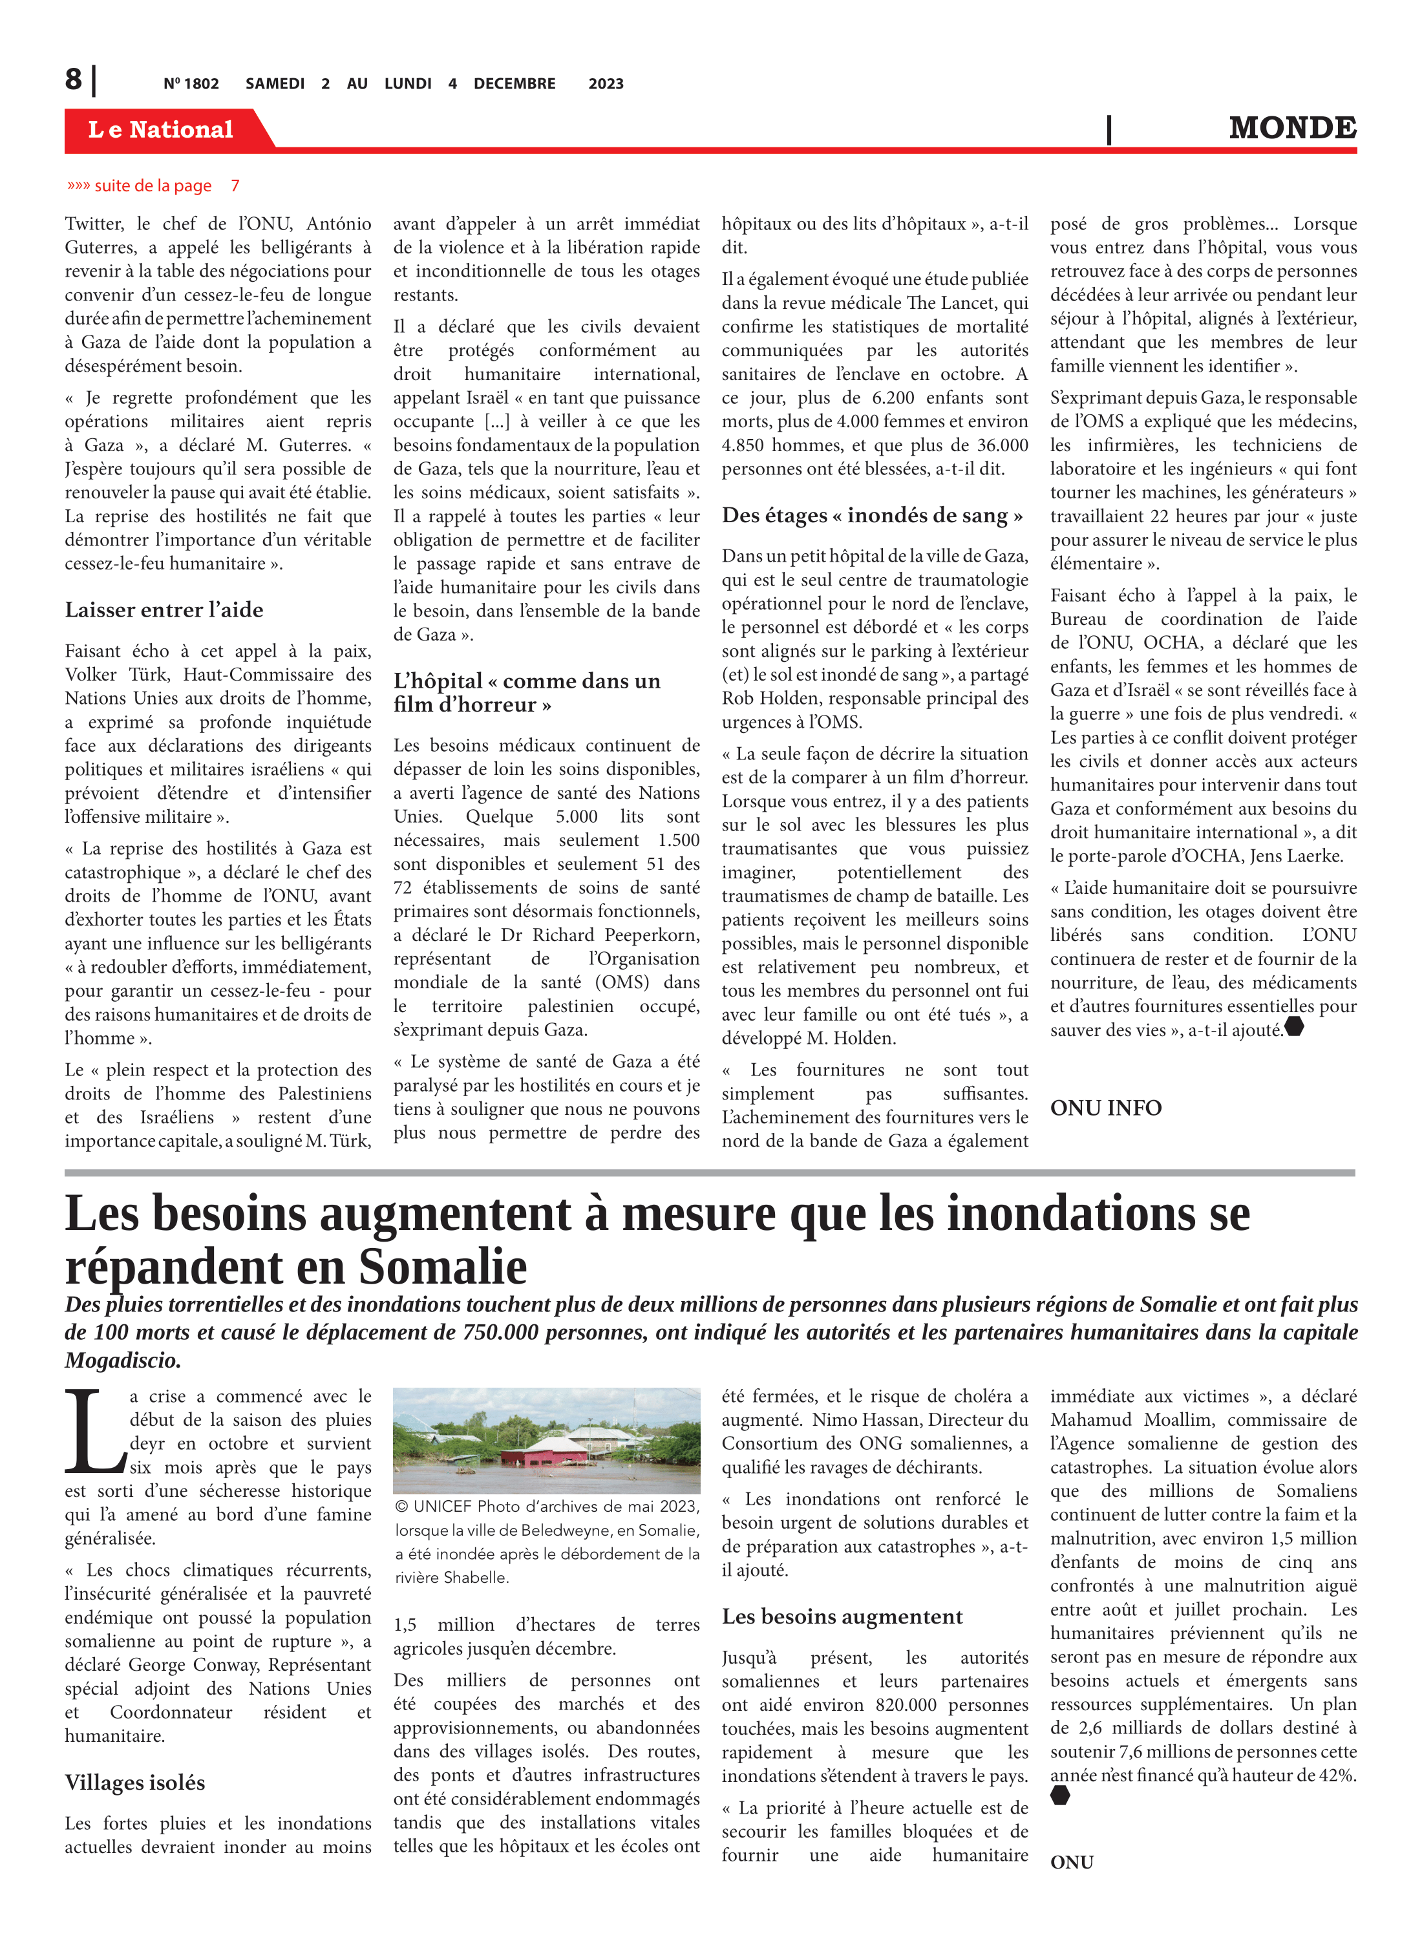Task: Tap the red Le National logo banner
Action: pos(161,129)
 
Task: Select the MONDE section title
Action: pos(1292,128)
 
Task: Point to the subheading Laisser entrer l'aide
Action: pos(164,610)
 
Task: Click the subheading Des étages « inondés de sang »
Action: pos(872,516)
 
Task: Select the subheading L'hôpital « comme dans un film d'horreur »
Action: pos(527,692)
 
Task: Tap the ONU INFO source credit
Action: pos(1105,1108)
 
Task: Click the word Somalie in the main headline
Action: pos(443,1267)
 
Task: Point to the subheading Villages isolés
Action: pos(134,1783)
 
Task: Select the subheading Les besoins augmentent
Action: pos(842,1616)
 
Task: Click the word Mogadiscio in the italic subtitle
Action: pos(122,1361)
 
